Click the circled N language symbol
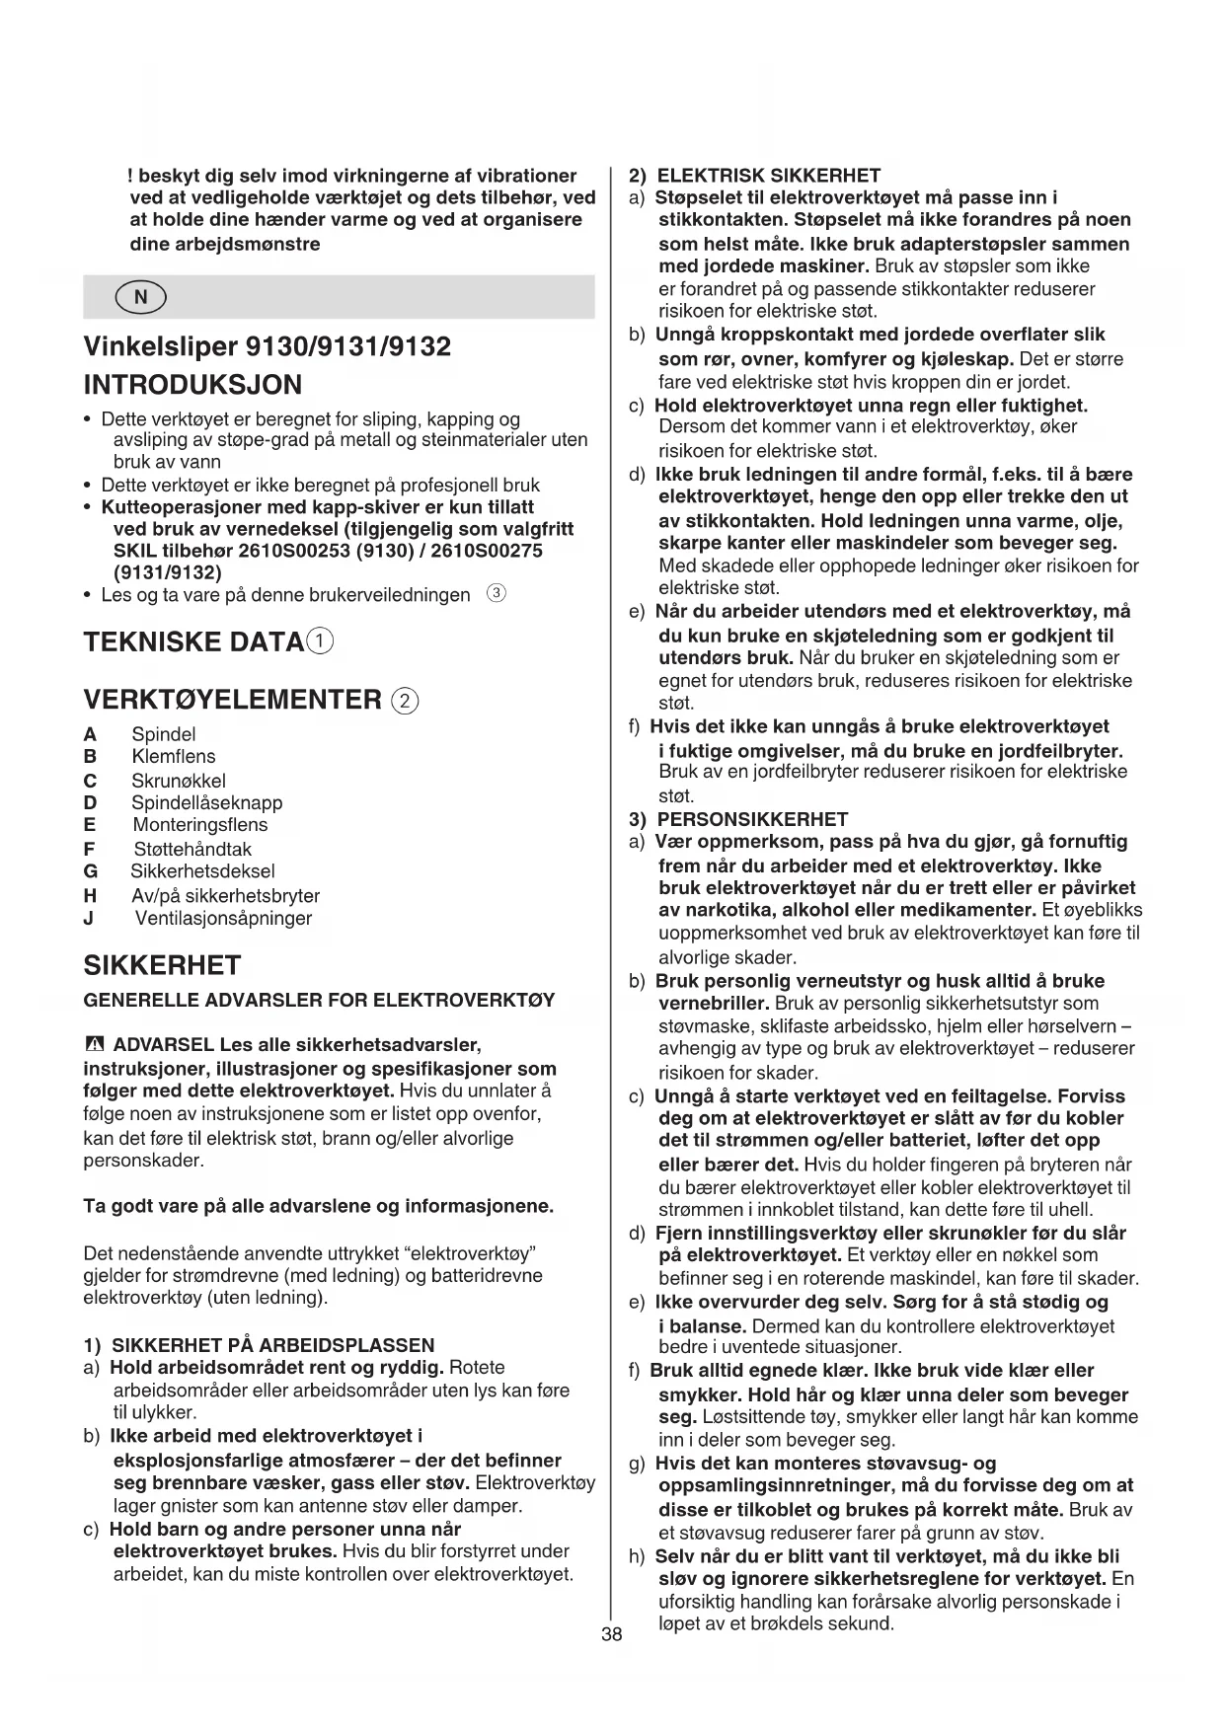140,297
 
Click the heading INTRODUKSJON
193,385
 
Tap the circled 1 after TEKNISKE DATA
320,641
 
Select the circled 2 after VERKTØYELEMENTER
405,701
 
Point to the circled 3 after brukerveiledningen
498,593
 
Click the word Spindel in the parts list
164,734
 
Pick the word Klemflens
174,757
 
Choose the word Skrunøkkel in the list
179,781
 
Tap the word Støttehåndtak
192,849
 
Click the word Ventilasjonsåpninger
223,919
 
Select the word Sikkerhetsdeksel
202,871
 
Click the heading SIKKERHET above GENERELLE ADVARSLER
162,964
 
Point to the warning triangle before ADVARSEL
94,1044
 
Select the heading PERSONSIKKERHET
752,819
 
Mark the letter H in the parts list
90,896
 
